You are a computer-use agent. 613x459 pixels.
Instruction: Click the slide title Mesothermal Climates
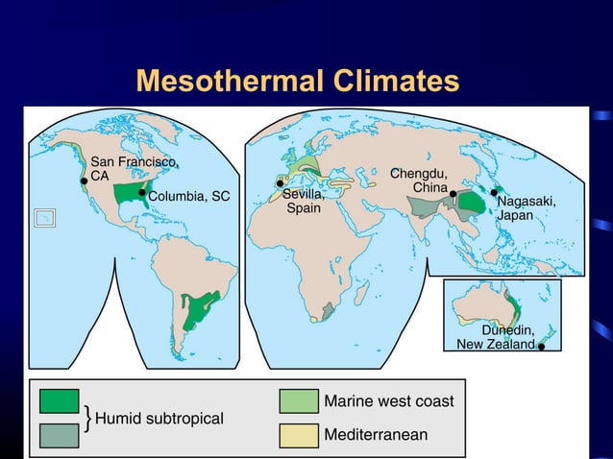click(297, 81)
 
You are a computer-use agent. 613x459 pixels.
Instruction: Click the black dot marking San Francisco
click(85, 180)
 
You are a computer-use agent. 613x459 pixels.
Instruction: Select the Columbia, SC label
click(189, 196)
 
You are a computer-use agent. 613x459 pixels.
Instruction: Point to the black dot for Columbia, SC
click(141, 193)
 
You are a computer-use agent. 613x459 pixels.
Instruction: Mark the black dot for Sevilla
click(280, 183)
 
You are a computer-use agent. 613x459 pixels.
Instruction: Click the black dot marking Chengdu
click(454, 193)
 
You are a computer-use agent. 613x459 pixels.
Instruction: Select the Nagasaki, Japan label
click(526, 208)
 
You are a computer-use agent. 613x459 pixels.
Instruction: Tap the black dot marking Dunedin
click(542, 347)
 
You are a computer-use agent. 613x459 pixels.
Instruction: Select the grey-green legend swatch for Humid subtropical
click(59, 434)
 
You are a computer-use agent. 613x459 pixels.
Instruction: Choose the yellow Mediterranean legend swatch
click(299, 434)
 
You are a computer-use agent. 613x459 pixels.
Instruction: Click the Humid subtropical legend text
click(159, 419)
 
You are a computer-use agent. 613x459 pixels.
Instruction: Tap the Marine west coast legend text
click(389, 400)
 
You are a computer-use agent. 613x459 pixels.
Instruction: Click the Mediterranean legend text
click(376, 435)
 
